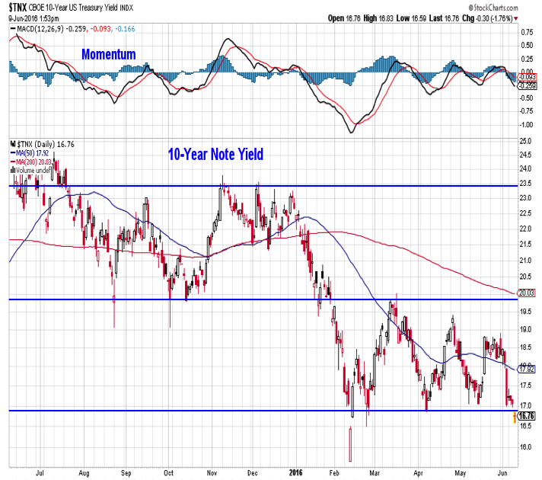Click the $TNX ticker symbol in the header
point(18,8)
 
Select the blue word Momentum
point(109,55)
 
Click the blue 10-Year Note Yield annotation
point(215,155)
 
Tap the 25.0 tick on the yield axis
point(525,141)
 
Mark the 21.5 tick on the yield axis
point(525,244)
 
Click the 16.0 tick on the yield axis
point(525,448)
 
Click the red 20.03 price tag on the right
point(526,292)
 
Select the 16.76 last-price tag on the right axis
point(526,415)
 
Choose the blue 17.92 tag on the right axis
point(526,369)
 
